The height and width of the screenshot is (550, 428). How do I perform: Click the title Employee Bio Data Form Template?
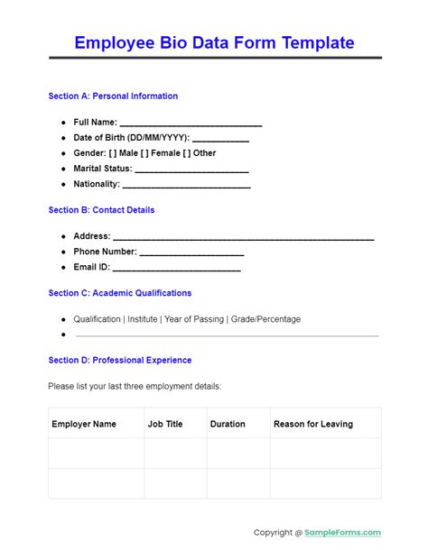click(x=214, y=42)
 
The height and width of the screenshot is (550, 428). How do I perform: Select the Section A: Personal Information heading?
click(x=113, y=96)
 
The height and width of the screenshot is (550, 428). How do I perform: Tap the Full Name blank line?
click(x=191, y=124)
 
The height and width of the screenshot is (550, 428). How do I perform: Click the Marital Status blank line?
click(x=191, y=170)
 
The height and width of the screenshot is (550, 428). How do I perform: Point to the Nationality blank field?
click(x=186, y=185)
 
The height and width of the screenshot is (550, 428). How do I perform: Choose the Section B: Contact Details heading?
click(x=101, y=210)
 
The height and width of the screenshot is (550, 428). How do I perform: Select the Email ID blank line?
click(x=176, y=269)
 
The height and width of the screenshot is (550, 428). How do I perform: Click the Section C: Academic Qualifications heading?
click(x=120, y=293)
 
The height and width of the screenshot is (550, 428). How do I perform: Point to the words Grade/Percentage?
click(x=267, y=319)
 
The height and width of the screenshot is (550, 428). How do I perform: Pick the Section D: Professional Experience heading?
click(x=120, y=360)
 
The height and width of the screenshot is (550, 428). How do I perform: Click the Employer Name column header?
click(x=84, y=424)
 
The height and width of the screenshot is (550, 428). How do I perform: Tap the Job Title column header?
click(x=165, y=424)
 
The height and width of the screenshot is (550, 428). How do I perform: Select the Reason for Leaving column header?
click(x=313, y=424)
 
